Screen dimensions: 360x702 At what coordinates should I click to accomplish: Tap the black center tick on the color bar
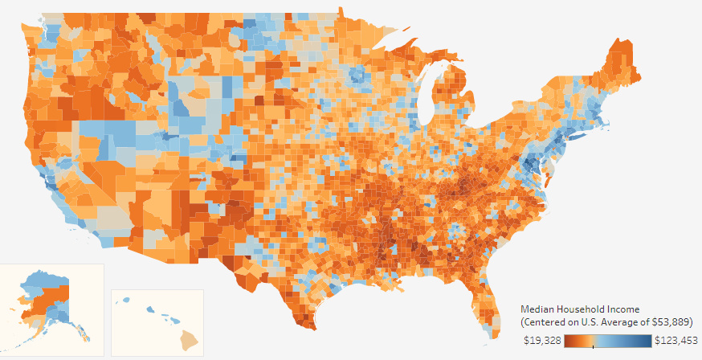pos(593,345)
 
